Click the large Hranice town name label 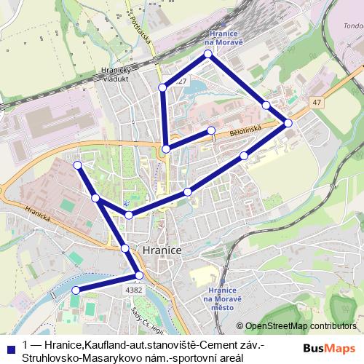(163, 249)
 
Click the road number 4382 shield (134, 289)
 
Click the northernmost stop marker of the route (208, 54)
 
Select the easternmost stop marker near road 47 (288, 122)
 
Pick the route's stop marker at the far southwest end (74, 291)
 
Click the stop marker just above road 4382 (139, 274)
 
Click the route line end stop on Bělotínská (211, 130)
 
